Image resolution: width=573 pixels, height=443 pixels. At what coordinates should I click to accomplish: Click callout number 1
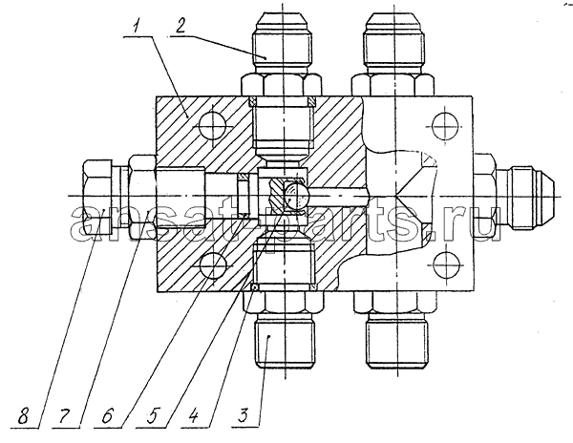pyautogui.click(x=137, y=28)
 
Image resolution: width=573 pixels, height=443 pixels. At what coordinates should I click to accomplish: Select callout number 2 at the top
pyautogui.click(x=180, y=27)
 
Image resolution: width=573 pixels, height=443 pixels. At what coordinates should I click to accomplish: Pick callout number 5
pyautogui.click(x=151, y=416)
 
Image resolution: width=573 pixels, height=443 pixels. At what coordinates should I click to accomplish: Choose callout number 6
pyautogui.click(x=107, y=416)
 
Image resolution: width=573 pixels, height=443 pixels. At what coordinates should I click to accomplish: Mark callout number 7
pyautogui.click(x=66, y=416)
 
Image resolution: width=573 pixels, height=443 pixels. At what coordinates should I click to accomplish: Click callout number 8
pyautogui.click(x=23, y=416)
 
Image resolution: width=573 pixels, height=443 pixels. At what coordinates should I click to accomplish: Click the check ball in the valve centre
pyautogui.click(x=296, y=197)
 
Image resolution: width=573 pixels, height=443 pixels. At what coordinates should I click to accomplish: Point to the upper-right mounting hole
pyautogui.click(x=445, y=126)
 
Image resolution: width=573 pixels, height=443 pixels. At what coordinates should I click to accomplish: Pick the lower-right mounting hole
pyautogui.click(x=445, y=265)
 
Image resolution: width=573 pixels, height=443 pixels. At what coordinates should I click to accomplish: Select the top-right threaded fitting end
pyautogui.click(x=394, y=42)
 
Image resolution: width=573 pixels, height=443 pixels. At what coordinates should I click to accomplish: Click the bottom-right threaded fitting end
pyautogui.click(x=397, y=340)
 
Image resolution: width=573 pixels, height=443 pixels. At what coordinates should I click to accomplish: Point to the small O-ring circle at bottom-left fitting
pyautogui.click(x=255, y=287)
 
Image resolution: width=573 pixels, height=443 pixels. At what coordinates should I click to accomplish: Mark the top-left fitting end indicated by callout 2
pyautogui.click(x=282, y=42)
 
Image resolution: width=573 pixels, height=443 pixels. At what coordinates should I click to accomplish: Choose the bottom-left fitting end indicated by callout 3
pyautogui.click(x=285, y=340)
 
